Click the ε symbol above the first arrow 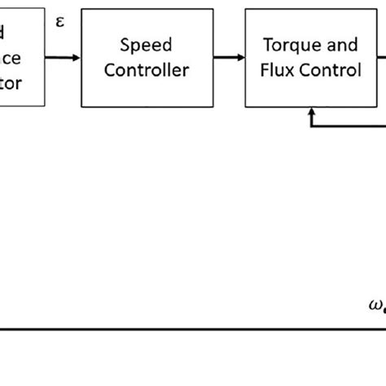[59, 21]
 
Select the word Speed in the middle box [147, 45]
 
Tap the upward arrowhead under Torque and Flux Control [311, 116]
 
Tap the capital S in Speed [125, 45]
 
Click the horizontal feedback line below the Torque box [350, 124]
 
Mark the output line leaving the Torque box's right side [380, 57]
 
